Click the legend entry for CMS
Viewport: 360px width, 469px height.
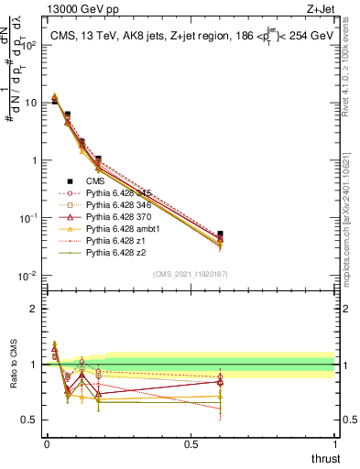[x=96, y=180]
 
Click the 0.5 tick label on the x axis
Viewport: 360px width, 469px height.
[x=191, y=444]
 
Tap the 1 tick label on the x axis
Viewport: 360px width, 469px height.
[x=335, y=444]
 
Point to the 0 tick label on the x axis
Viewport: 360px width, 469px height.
[x=47, y=444]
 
